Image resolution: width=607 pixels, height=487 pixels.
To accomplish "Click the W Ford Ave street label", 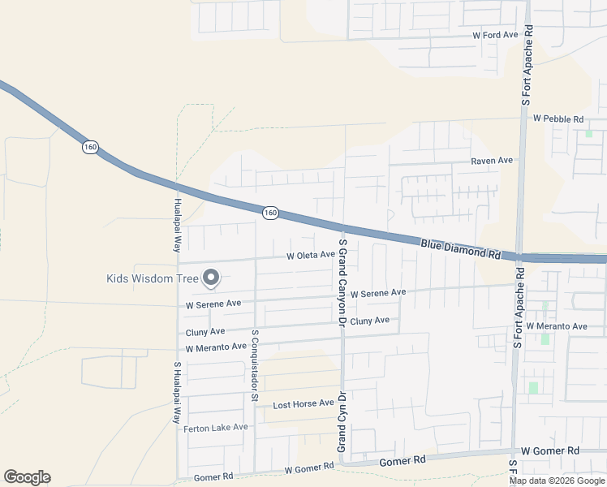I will point(495,36).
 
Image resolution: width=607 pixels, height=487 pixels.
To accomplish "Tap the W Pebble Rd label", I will point(558,119).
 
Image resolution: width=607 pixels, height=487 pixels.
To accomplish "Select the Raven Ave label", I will point(493,161).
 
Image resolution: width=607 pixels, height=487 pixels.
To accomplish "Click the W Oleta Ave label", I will point(310,255).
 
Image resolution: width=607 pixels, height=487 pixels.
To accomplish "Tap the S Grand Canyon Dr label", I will point(342,282).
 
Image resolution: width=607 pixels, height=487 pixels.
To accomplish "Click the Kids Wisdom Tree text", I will point(153,278).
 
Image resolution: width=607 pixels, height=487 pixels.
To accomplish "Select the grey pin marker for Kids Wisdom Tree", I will point(211,278).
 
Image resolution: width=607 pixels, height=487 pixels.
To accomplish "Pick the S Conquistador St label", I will point(254,365).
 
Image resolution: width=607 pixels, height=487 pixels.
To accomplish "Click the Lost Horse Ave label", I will point(303,403).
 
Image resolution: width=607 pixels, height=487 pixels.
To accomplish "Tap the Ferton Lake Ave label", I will point(216,428).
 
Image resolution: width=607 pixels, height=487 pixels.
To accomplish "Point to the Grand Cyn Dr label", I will point(342,423).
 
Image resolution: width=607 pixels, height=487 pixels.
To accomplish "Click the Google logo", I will point(27,477).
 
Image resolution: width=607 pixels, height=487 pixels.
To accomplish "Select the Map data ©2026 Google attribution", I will point(556,481).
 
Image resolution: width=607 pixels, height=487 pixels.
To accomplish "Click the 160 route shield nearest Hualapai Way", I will point(89,147).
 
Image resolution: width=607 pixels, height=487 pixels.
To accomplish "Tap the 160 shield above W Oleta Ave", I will point(270,213).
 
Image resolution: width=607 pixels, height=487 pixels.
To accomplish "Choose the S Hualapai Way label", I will point(175,393).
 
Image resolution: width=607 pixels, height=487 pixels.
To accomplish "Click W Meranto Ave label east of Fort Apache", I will point(556,326).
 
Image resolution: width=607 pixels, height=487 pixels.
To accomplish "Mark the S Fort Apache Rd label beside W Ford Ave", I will point(527,66).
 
